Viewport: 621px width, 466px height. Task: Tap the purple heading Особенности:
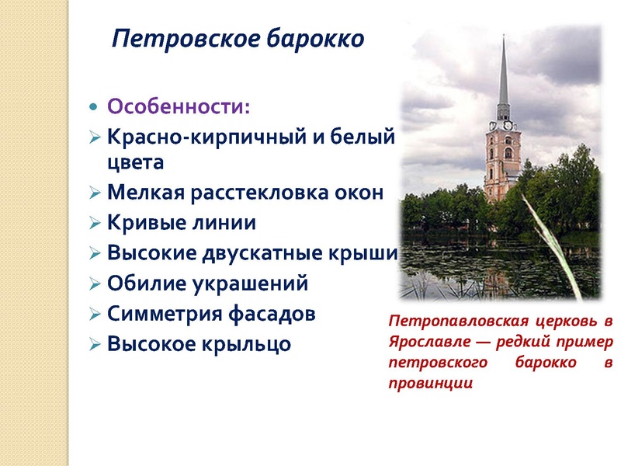[x=179, y=105]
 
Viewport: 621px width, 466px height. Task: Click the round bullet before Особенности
[x=93, y=105]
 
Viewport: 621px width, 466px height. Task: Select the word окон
[x=362, y=192]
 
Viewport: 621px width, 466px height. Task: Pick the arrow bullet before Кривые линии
[x=94, y=224]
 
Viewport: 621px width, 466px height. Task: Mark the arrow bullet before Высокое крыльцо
[x=94, y=344]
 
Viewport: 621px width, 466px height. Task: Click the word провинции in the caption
[x=430, y=383]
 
